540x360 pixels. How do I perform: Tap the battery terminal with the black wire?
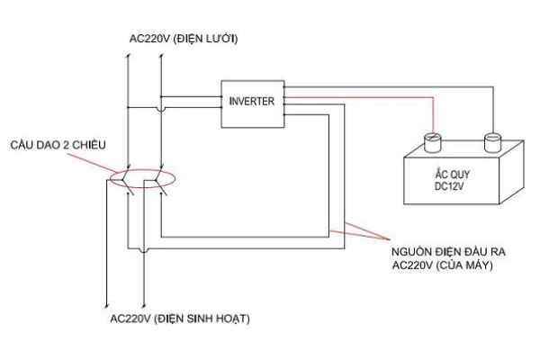click(x=492, y=140)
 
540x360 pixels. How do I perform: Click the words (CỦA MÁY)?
click(x=464, y=266)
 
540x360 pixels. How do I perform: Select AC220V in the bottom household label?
click(x=130, y=319)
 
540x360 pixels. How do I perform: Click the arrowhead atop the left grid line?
click(x=127, y=56)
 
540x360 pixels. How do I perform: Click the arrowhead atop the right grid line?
click(x=159, y=56)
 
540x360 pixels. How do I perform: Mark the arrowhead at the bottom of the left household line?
click(x=109, y=301)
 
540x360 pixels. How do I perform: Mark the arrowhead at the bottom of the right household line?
click(x=144, y=301)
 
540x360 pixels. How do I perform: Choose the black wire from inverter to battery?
click(x=405, y=86)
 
